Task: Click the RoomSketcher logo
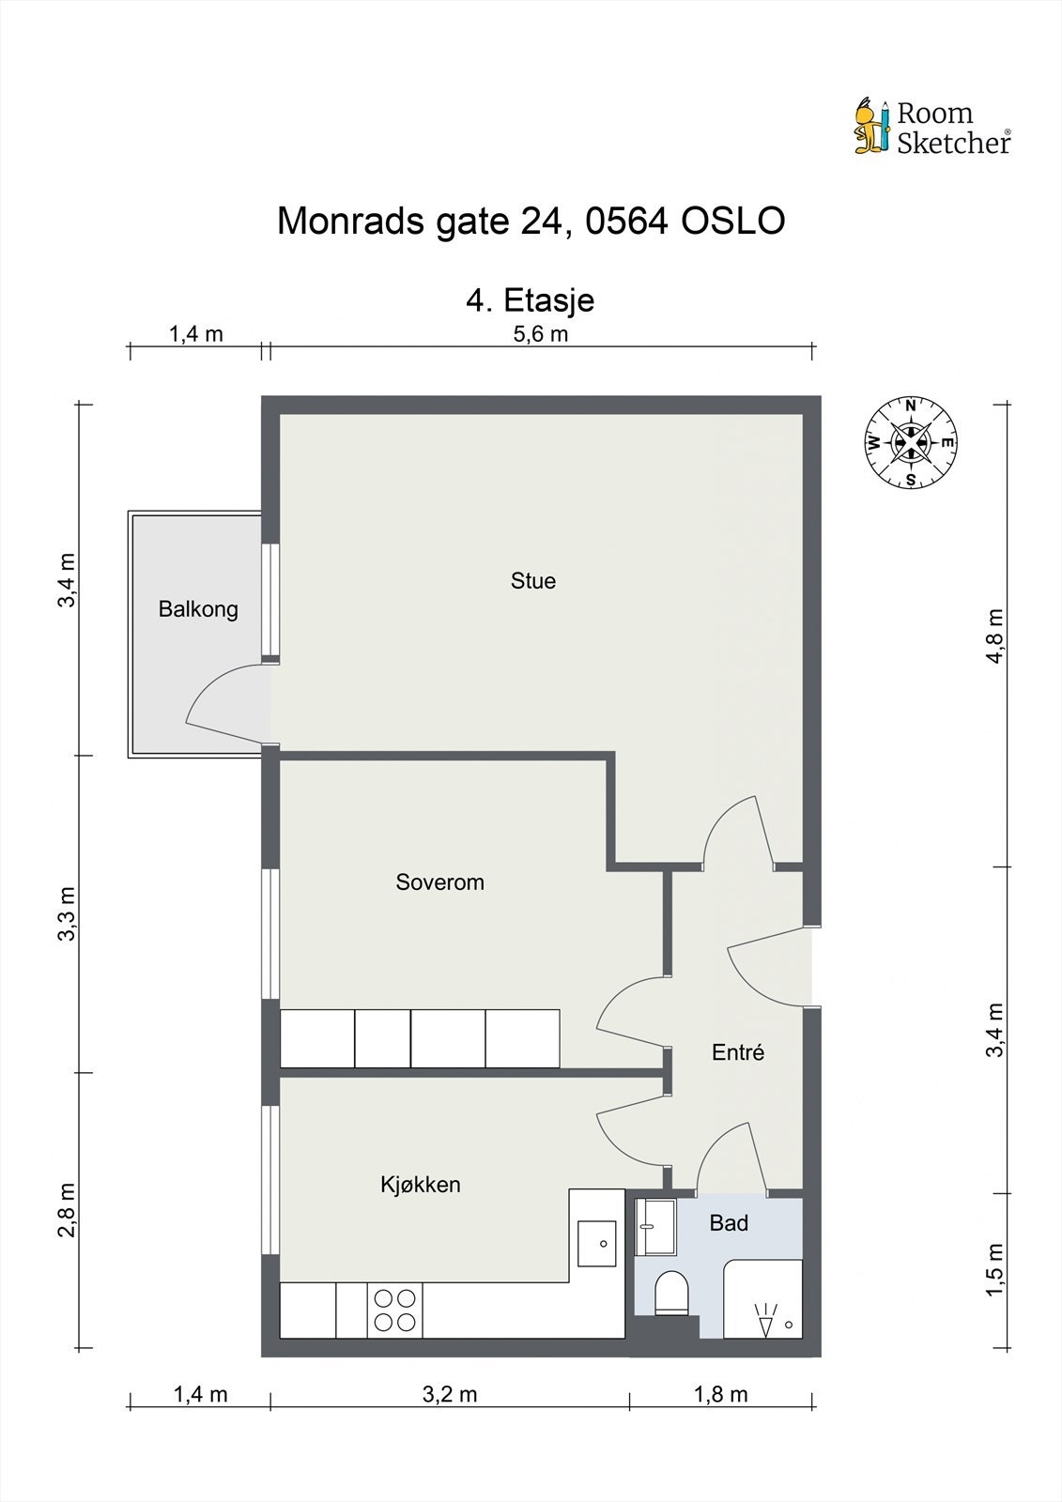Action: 931,127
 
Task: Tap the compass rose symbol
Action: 910,442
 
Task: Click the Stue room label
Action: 532,581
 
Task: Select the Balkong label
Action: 198,609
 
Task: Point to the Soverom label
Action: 439,882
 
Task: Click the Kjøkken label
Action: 420,1185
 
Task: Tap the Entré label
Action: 738,1053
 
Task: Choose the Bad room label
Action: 729,1223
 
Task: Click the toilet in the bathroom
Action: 671,1293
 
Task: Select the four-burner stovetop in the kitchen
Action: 394,1310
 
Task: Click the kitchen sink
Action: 596,1243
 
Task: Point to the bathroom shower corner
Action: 763,1299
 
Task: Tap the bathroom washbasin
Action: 655,1227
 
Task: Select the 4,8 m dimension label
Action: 994,636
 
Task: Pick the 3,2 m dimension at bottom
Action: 449,1394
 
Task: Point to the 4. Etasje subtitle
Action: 531,300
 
